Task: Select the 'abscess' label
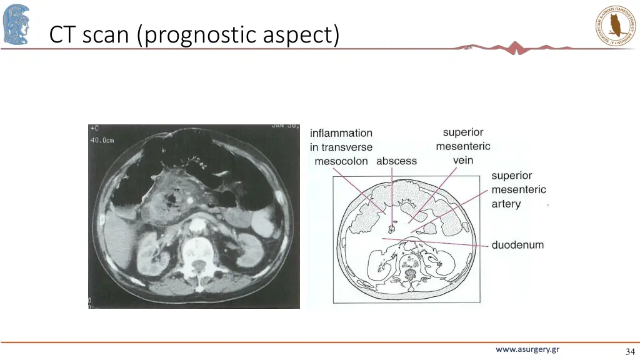396,161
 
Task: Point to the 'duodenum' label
517,245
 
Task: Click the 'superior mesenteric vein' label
463,146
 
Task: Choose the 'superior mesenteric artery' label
518,190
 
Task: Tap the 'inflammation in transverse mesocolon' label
341,147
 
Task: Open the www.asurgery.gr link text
527,349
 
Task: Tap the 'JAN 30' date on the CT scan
284,127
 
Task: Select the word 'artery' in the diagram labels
506,204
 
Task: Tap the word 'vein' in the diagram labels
463,161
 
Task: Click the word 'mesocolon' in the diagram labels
341,161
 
